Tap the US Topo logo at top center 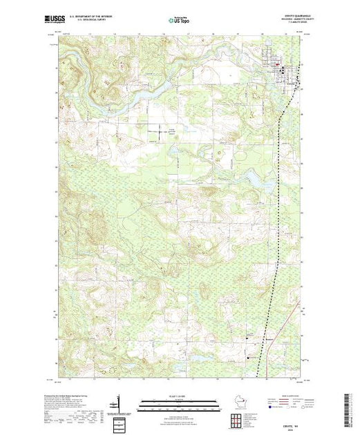pos(179,21)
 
